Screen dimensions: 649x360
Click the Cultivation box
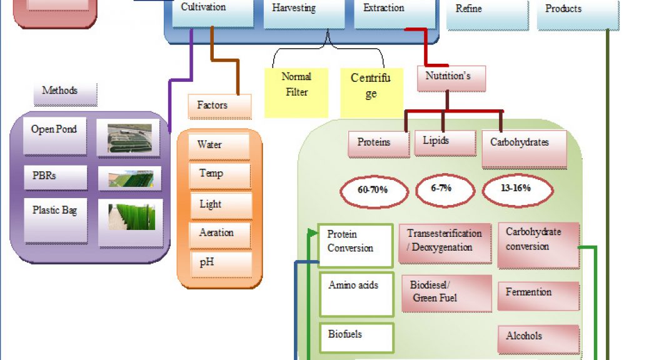click(213, 13)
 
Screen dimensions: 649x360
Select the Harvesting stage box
click(304, 14)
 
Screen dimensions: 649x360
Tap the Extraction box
click(395, 14)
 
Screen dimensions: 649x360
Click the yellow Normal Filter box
click(296, 92)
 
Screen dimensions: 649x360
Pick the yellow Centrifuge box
click(371, 92)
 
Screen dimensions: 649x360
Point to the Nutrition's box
click(451, 78)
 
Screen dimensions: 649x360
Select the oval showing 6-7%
click(445, 190)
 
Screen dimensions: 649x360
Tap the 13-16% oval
click(517, 190)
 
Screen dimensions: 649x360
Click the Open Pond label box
click(55, 136)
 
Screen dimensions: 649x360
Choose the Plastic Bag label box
click(56, 221)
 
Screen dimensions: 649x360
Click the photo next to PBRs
click(130, 178)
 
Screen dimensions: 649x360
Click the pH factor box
click(221, 264)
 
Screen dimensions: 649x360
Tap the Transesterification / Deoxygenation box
click(445, 243)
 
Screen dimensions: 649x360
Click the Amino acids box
click(356, 294)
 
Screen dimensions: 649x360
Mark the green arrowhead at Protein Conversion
click(313, 233)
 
